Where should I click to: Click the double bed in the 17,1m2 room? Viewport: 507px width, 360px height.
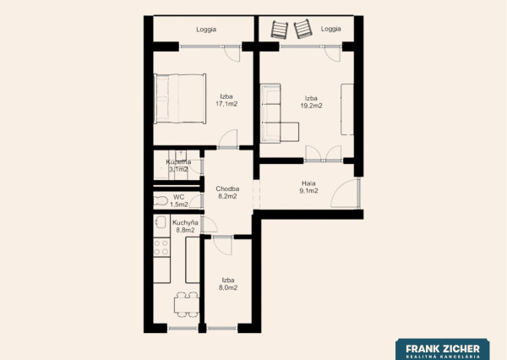180,99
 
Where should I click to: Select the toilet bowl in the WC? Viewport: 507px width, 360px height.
161,201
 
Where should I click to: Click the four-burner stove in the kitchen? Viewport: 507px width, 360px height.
161,247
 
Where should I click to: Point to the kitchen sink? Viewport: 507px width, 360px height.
161,222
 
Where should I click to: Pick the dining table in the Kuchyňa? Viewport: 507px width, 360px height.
187,305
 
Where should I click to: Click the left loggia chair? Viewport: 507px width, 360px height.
280,30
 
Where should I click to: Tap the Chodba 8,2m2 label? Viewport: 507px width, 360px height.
227,193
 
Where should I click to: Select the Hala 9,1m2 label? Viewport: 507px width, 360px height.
308,187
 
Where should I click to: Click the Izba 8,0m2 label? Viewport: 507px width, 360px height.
228,284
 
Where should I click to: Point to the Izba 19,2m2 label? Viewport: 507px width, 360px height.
311,102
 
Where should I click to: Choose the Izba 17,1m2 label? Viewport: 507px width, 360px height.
226,100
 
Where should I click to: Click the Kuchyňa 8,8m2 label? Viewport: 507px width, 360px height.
185,226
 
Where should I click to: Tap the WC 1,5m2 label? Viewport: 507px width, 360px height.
179,200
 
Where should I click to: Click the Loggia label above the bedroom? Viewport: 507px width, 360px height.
206,30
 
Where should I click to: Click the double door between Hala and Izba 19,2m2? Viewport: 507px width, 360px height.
324,153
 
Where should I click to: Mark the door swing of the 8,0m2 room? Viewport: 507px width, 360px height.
222,246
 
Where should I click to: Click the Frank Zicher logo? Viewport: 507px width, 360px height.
443,349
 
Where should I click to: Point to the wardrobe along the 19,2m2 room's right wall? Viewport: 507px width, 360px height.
347,109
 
